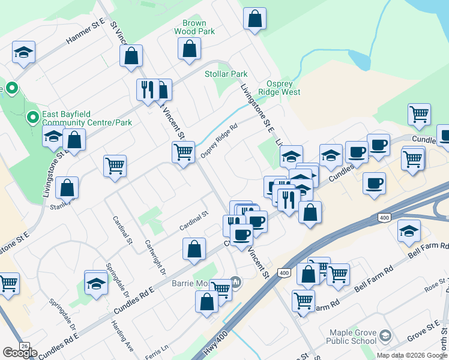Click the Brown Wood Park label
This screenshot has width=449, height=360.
194,27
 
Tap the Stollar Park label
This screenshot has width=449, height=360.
226,74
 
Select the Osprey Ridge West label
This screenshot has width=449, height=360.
279,88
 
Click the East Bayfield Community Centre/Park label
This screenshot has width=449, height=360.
79,118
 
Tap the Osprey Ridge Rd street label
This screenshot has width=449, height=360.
219,142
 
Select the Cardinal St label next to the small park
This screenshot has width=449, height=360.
193,221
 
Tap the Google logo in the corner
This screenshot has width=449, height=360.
20,352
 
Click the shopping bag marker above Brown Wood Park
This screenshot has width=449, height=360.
255,18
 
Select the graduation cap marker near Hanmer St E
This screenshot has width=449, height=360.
23,52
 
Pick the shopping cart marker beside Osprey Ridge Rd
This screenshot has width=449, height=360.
183,151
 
